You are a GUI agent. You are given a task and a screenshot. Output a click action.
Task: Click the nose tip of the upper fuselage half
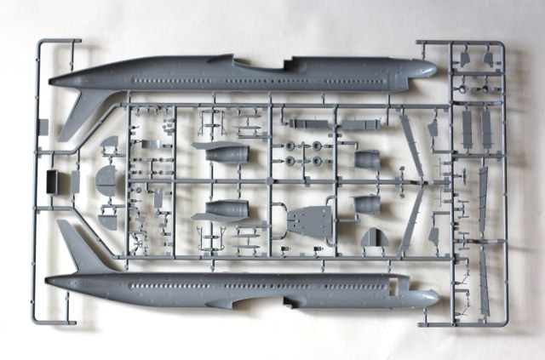coord(435,69)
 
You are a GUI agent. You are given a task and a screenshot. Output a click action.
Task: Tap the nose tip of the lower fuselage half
coord(437,298)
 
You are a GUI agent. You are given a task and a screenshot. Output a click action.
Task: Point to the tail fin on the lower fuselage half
coord(72,243)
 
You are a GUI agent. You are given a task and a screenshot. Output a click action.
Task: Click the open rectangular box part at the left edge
coord(54,181)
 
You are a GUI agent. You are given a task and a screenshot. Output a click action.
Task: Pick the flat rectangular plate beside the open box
coord(75,181)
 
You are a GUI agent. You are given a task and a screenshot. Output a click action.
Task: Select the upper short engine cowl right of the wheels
coord(367,159)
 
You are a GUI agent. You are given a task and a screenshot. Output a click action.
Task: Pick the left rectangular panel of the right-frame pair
coord(465,128)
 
